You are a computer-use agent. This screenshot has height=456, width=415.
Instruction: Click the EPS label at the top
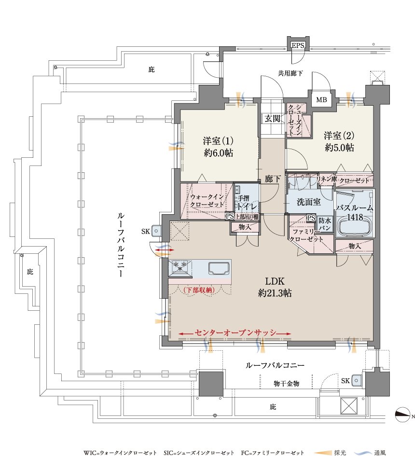298,45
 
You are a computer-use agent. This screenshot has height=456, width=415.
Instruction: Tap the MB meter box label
321,100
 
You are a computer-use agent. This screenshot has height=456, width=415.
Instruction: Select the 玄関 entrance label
273,118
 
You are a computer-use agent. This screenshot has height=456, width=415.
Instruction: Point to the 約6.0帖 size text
219,153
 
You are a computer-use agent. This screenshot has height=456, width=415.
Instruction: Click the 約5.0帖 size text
339,148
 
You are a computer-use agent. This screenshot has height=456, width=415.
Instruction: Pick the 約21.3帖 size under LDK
275,293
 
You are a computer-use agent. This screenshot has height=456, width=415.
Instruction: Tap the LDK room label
275,281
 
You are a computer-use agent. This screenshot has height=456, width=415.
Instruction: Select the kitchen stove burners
180,267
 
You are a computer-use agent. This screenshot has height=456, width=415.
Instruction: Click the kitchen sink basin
219,267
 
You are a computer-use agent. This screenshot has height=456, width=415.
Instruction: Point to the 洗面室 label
308,202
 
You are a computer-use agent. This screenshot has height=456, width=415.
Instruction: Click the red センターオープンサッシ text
235,332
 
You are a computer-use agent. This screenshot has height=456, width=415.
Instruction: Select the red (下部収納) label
199,290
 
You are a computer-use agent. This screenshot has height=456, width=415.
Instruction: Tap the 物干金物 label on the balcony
286,384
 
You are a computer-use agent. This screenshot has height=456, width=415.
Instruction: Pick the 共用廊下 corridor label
290,73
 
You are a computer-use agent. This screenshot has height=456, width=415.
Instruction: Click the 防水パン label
325,224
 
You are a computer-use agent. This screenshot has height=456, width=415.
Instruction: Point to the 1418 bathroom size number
355,217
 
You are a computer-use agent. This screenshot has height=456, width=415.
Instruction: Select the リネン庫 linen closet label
326,179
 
